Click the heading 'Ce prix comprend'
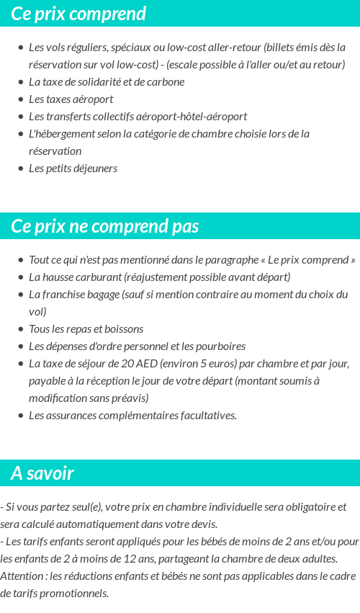(x=78, y=14)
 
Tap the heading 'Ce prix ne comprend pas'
(x=104, y=226)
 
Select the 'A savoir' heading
(x=42, y=473)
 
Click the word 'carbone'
(x=165, y=82)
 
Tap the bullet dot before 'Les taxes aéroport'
(x=20, y=99)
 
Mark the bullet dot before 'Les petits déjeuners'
(x=20, y=169)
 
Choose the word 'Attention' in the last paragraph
(x=22, y=576)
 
